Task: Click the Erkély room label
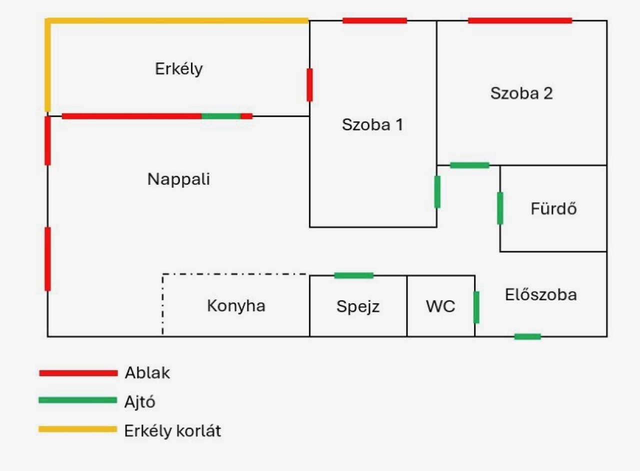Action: [179, 69]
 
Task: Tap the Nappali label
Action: [178, 179]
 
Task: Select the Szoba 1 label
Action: [372, 125]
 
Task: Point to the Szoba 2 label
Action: [521, 93]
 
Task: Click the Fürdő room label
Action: [553, 208]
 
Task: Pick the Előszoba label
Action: [540, 295]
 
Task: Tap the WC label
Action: [440, 306]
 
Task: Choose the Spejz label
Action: [358, 306]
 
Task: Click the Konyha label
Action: [236, 306]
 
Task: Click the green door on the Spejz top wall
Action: [353, 275]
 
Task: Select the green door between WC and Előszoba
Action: [476, 307]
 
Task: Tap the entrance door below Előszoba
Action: [527, 337]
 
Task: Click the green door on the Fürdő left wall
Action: [500, 208]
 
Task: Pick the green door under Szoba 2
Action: [469, 165]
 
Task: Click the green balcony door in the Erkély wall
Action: [221, 116]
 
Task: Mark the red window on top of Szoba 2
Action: [520, 21]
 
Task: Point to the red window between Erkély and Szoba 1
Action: [309, 85]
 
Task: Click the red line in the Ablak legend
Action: [78, 373]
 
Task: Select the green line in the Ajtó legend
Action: [78, 400]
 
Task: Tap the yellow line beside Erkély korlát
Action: [78, 430]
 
